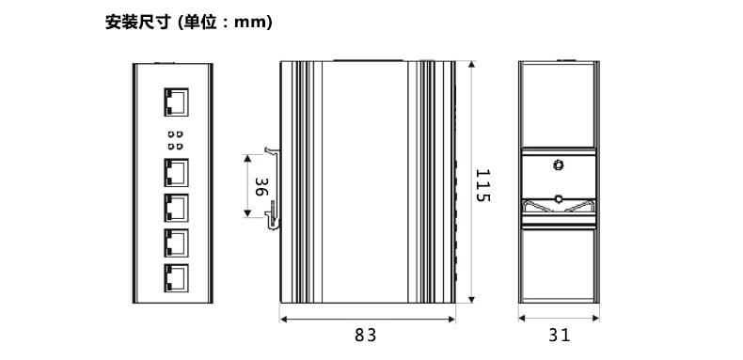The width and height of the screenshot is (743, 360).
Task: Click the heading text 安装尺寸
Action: (x=137, y=22)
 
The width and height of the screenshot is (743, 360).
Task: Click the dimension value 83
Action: (x=366, y=335)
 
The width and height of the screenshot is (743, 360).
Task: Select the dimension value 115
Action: (x=482, y=185)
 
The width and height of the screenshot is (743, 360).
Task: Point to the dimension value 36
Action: (x=261, y=187)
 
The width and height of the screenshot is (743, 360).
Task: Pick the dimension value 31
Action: (x=560, y=335)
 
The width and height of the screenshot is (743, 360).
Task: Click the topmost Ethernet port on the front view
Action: (x=176, y=102)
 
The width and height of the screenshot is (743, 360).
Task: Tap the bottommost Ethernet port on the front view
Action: (x=176, y=278)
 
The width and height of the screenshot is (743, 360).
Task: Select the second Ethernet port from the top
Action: (x=176, y=172)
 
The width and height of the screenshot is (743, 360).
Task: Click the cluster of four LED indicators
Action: (x=175, y=140)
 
